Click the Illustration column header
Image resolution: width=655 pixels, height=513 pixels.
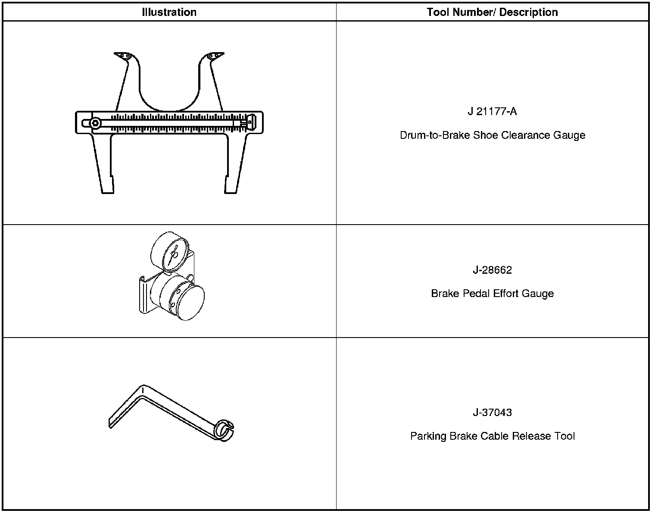pyautogui.click(x=169, y=13)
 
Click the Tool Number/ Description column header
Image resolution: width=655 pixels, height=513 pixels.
pyautogui.click(x=492, y=13)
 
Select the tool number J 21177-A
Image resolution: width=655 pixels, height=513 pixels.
pyautogui.click(x=492, y=112)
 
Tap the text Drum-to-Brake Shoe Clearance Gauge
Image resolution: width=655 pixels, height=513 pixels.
pyautogui.click(x=492, y=135)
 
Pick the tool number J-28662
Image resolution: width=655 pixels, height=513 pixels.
pyautogui.click(x=492, y=270)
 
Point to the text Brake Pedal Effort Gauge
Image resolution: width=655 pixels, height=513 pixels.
pyautogui.click(x=492, y=294)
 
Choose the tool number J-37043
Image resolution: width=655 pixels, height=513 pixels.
pyautogui.click(x=492, y=413)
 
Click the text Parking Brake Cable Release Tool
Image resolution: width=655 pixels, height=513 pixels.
pyautogui.click(x=492, y=436)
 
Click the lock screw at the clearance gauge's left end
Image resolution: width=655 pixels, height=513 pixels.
pyautogui.click(x=95, y=123)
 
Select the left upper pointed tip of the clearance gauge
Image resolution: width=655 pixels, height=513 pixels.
pyautogui.click(x=121, y=55)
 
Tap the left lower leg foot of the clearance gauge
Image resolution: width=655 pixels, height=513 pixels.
pyautogui.click(x=108, y=185)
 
